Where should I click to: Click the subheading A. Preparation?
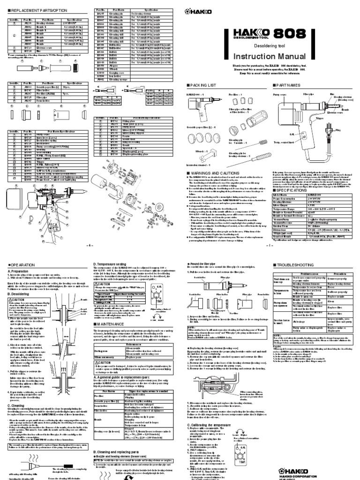coord(18,271)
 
